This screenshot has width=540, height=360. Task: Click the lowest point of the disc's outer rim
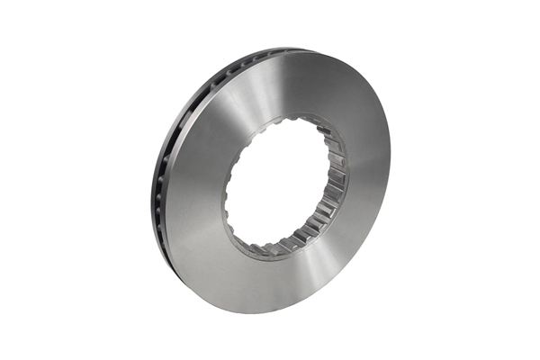coord(261,312)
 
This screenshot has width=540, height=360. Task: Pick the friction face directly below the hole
coord(270,283)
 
